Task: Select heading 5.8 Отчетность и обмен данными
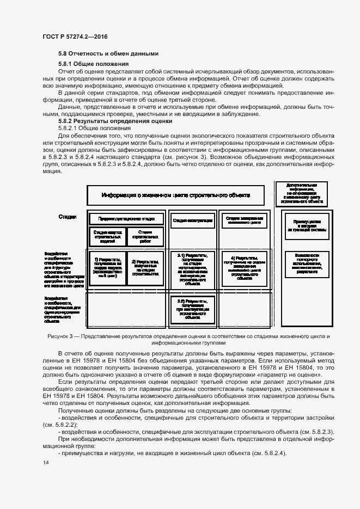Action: (x=108, y=53)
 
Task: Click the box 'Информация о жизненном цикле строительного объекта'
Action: (x=176, y=195)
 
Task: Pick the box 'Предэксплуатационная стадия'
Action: (x=126, y=219)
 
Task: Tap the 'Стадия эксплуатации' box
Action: (x=192, y=220)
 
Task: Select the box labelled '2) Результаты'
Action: (x=145, y=268)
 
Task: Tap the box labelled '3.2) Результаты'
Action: (x=192, y=308)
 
